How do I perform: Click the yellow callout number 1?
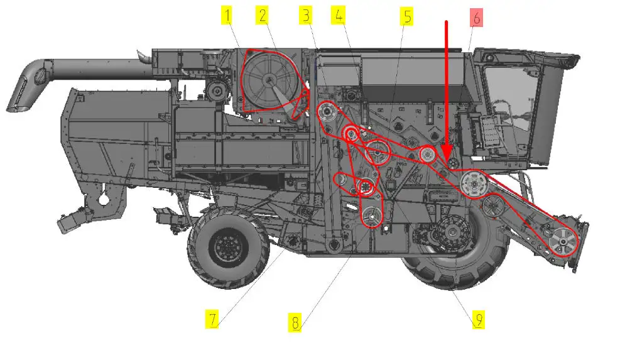(x=227, y=16)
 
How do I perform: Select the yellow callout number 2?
(x=262, y=16)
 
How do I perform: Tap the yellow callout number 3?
(x=306, y=16)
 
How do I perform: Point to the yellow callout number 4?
(x=338, y=16)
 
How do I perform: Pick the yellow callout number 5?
(x=406, y=17)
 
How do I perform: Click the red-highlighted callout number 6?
(x=476, y=18)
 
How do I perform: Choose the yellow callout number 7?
(x=212, y=319)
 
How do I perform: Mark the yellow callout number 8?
(x=295, y=322)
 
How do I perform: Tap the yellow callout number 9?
(x=478, y=320)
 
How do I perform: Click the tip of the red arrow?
(x=447, y=160)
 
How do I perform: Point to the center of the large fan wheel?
(x=270, y=80)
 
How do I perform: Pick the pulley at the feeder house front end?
(x=563, y=241)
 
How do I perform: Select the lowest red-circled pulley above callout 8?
(x=372, y=217)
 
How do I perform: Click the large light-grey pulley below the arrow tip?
(x=474, y=184)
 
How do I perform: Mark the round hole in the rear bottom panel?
(x=104, y=198)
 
